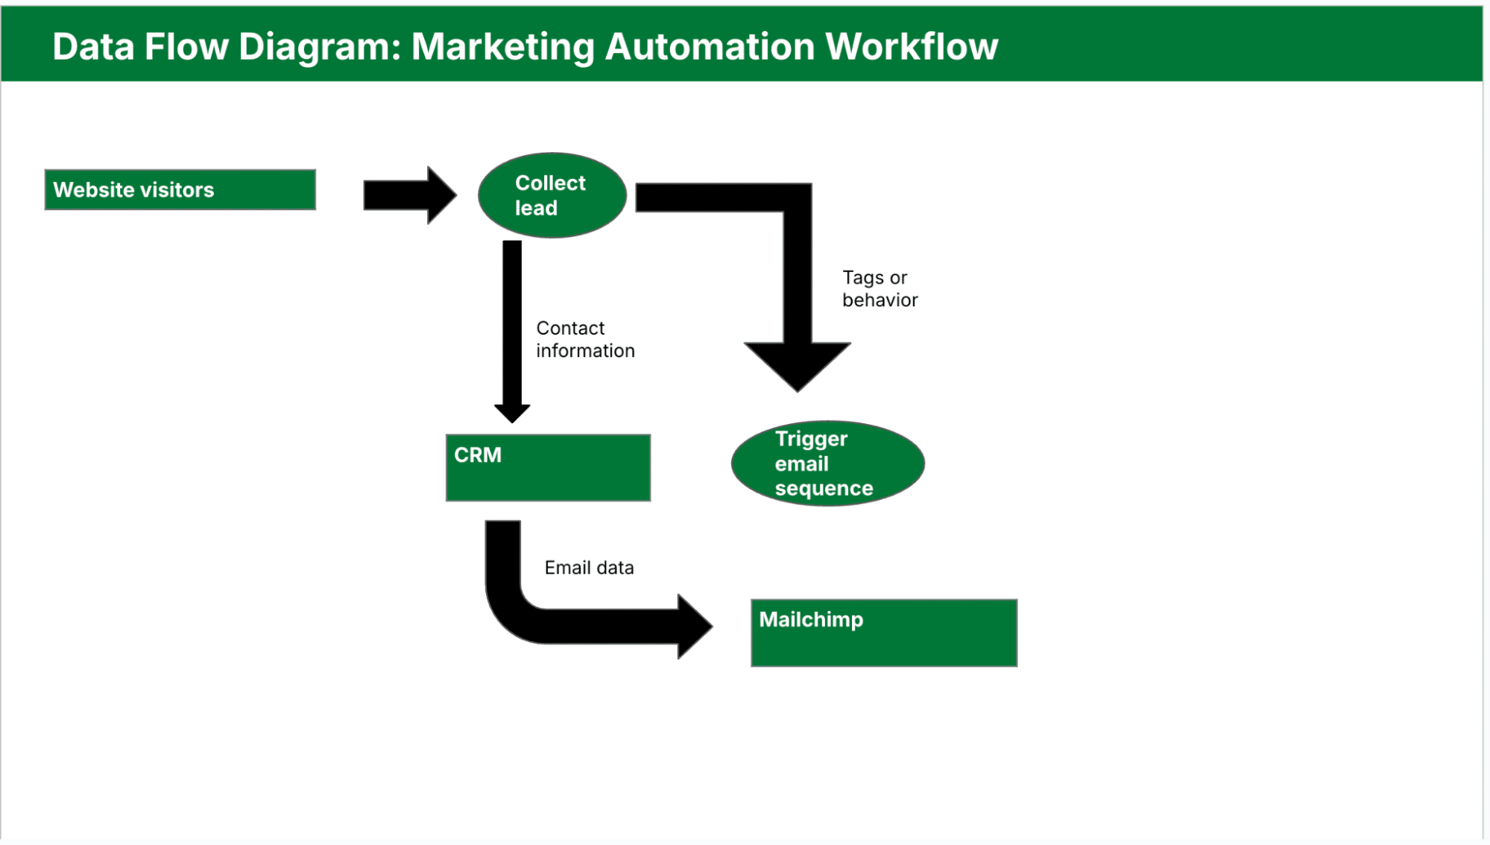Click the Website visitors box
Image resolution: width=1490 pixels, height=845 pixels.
[180, 189]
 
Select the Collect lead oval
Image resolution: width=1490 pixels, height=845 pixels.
[552, 195]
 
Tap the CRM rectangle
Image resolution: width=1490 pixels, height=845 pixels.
[548, 467]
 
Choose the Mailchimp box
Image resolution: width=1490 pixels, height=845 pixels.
[883, 633]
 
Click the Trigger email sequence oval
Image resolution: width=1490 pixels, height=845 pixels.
[827, 463]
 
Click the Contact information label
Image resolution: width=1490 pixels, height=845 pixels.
[585, 339]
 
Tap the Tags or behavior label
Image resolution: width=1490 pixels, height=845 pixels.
[880, 288]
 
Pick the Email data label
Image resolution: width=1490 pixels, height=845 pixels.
[589, 568]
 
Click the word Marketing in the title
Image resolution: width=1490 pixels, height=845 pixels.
[502, 47]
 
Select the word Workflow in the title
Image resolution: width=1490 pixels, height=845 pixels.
[911, 47]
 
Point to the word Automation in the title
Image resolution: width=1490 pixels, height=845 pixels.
[709, 47]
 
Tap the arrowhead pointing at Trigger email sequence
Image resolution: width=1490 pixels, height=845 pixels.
[797, 365]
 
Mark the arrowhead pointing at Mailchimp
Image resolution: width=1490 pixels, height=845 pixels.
[693, 626]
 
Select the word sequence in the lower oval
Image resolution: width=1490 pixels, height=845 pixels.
[824, 489]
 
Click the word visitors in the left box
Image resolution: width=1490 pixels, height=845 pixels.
[177, 190]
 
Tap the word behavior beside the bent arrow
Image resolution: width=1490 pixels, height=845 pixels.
[880, 300]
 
